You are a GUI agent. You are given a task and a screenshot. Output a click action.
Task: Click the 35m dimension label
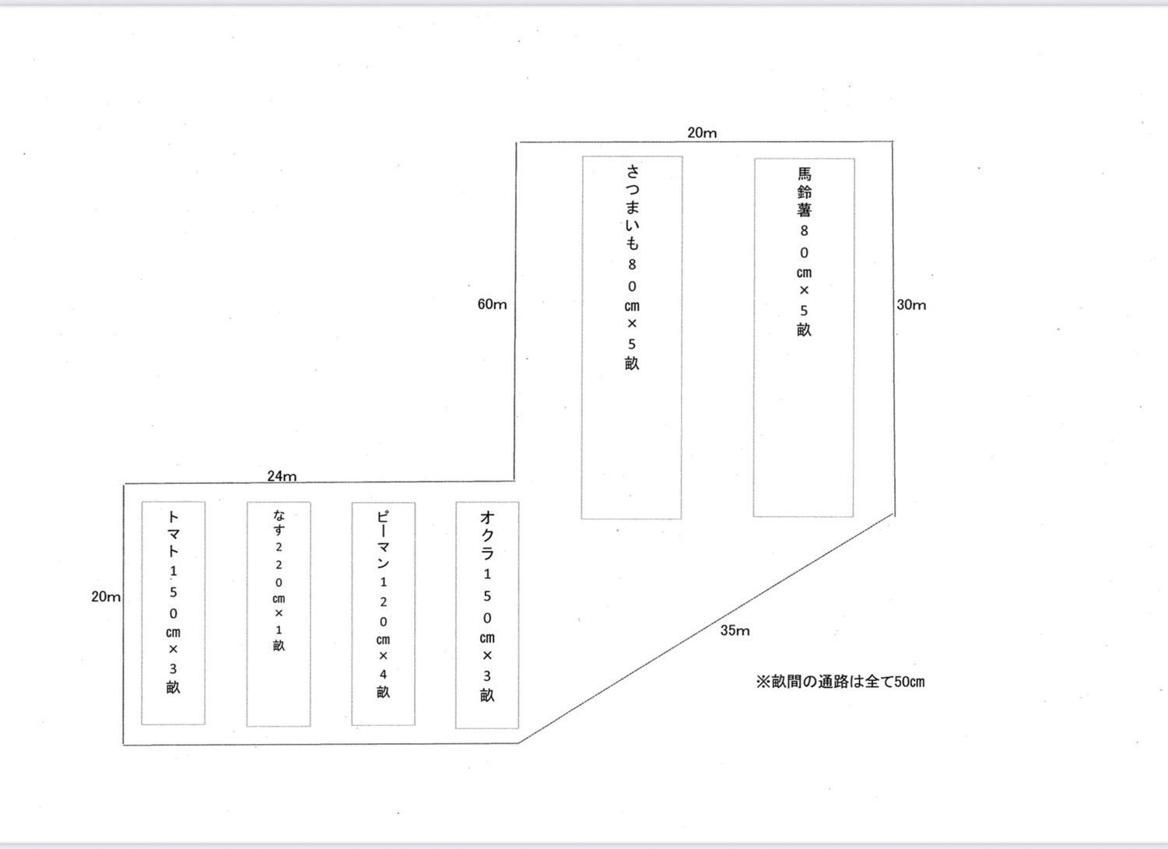coord(734,630)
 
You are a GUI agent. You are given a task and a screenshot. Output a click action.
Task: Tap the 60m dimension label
coord(492,304)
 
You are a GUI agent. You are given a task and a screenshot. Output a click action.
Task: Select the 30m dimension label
coord(911,305)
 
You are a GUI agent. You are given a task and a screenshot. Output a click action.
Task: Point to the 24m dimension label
coord(282,475)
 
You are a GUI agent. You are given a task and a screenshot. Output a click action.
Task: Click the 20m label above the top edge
coord(702,132)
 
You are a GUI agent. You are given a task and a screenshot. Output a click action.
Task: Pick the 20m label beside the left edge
coord(106,597)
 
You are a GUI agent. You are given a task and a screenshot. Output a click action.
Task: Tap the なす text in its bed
coord(279,522)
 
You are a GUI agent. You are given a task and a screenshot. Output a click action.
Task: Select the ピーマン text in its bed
coord(383,540)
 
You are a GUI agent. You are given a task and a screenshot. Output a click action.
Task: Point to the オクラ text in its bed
coord(487,535)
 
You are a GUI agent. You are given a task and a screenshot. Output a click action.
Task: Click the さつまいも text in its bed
coord(632,207)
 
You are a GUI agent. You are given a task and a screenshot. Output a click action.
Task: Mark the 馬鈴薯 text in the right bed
coord(804,191)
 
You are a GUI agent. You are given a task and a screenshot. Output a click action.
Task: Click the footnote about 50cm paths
coord(840,682)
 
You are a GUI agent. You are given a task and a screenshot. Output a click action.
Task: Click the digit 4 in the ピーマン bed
coord(383,674)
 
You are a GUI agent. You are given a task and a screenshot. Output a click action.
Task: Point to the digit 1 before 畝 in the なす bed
coord(279,630)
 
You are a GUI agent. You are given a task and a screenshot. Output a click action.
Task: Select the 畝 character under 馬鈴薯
coord(804,330)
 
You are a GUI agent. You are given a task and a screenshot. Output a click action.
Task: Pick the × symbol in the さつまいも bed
coord(632,324)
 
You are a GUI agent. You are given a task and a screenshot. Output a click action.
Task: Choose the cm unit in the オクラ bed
coord(487,637)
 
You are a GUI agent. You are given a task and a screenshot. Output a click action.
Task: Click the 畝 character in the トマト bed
coord(173,688)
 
